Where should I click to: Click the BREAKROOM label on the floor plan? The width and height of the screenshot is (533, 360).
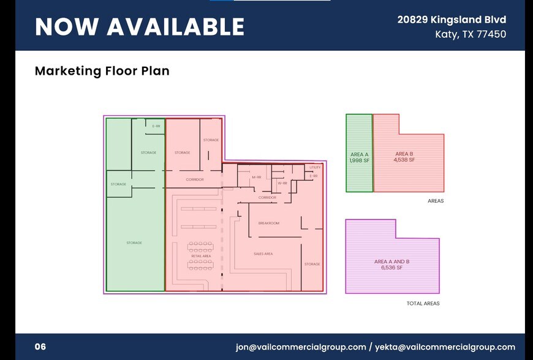pyautogui.click(x=268, y=223)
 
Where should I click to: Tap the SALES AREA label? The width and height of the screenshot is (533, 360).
pyautogui.click(x=263, y=253)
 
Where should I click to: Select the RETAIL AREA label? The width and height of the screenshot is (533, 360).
pyautogui.click(x=201, y=256)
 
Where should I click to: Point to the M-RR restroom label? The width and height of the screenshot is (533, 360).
pyautogui.click(x=257, y=178)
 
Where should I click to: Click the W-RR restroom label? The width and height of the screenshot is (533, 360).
pyautogui.click(x=282, y=183)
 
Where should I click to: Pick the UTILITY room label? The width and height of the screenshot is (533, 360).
pyautogui.click(x=315, y=167)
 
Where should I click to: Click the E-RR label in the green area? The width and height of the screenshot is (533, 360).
pyautogui.click(x=156, y=126)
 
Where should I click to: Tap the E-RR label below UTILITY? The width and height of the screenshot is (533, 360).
pyautogui.click(x=314, y=176)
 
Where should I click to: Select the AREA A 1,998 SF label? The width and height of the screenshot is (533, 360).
pyautogui.click(x=359, y=157)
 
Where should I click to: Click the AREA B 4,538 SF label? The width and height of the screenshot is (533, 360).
pyautogui.click(x=404, y=157)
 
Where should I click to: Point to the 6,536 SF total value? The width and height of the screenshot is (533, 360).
pyautogui.click(x=391, y=268)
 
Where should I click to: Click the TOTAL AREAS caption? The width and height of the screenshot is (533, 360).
pyautogui.click(x=423, y=304)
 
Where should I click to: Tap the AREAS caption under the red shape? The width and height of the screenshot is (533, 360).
pyautogui.click(x=435, y=201)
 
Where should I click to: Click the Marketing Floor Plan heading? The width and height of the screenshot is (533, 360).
pyautogui.click(x=102, y=71)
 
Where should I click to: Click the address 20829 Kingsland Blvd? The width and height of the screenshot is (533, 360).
pyautogui.click(x=452, y=20)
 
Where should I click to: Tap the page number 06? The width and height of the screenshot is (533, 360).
pyautogui.click(x=40, y=347)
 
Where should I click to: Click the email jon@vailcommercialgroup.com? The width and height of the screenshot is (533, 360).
pyautogui.click(x=301, y=347)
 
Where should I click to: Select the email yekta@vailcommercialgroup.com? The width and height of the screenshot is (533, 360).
pyautogui.click(x=445, y=347)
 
